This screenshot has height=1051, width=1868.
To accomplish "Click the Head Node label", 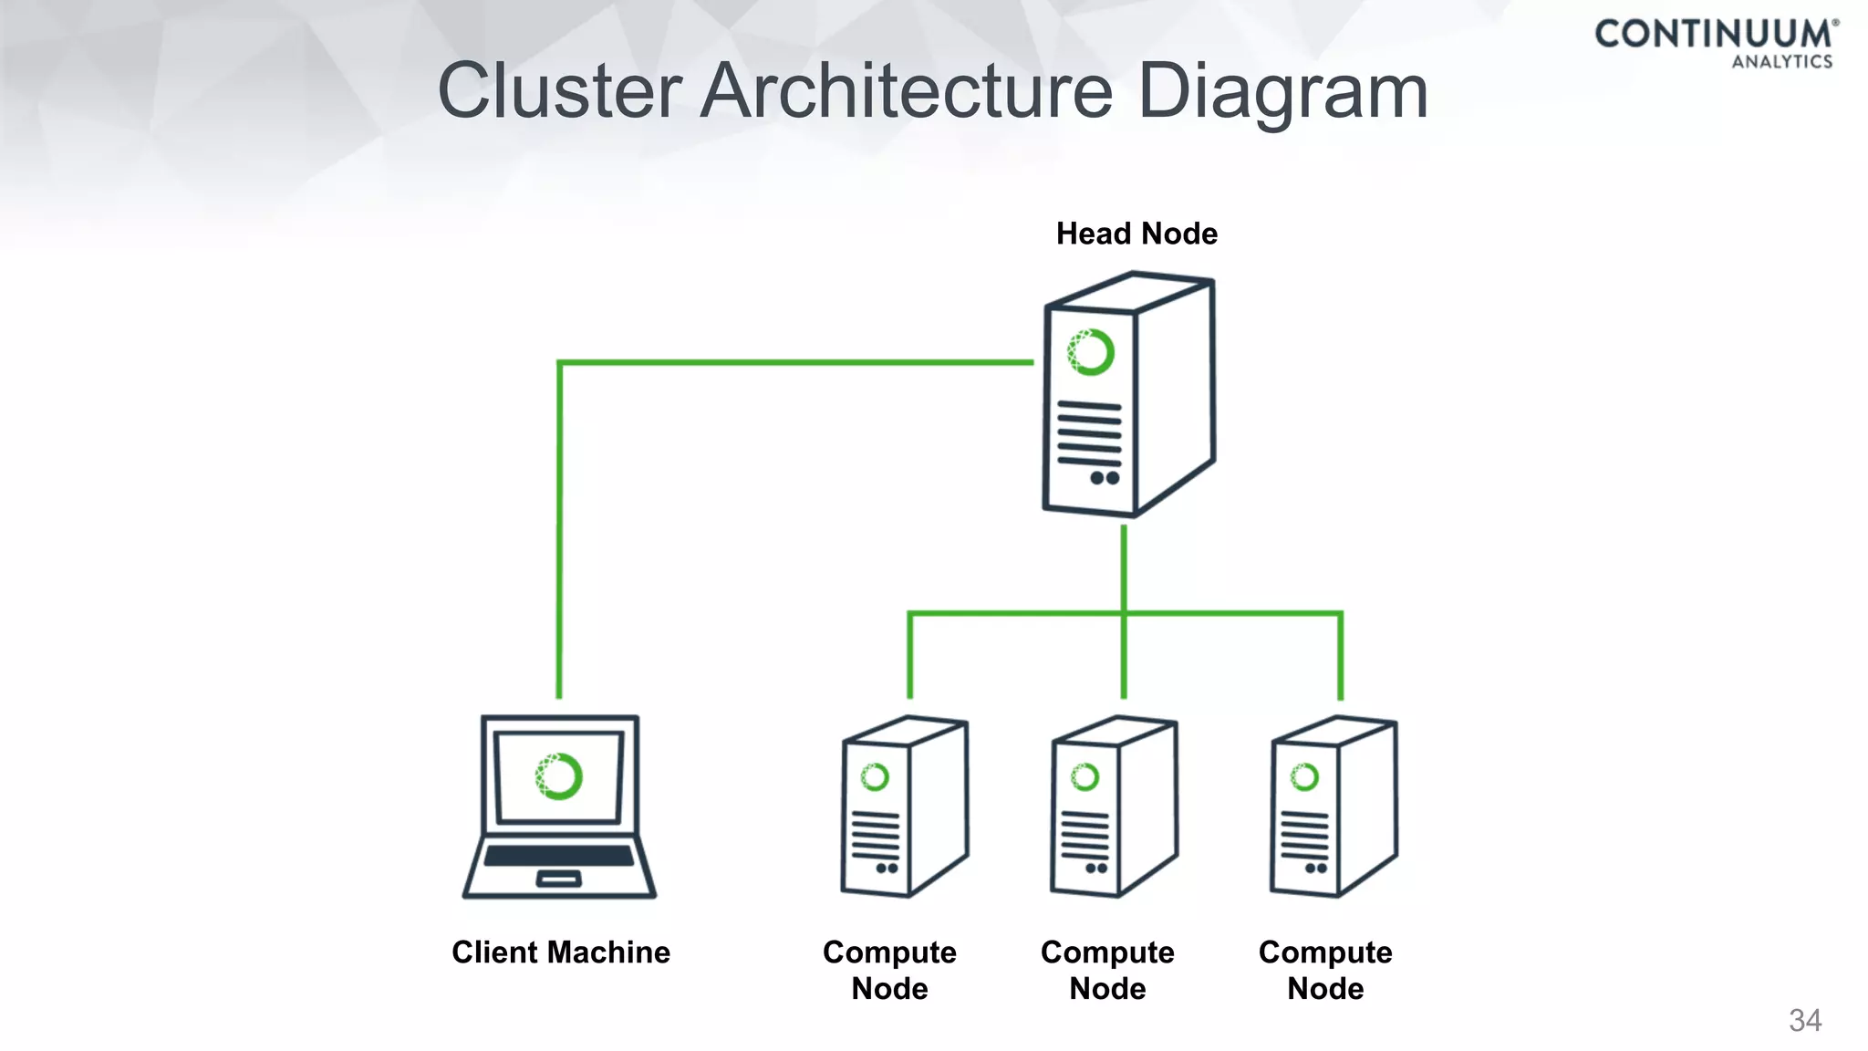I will (1136, 234).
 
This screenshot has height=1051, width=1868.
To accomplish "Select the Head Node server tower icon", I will (1129, 394).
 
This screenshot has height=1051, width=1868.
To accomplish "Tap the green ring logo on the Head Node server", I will (1091, 352).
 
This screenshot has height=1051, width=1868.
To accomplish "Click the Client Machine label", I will (561, 952).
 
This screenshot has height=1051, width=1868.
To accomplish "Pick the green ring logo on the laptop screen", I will (558, 776).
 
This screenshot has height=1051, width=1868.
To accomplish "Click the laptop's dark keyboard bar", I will (558, 856).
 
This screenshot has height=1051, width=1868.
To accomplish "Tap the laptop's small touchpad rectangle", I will (558, 879).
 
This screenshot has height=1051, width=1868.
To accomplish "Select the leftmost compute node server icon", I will (904, 806).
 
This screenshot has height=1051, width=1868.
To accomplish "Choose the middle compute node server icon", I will (1114, 806).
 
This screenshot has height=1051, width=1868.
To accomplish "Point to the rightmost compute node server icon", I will (1334, 806).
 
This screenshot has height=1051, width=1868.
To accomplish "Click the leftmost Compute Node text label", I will (889, 971).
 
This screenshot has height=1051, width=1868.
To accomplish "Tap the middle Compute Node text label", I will (1107, 971).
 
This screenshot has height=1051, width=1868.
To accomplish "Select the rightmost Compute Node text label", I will (1325, 971).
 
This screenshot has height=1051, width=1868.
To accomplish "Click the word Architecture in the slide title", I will (907, 91).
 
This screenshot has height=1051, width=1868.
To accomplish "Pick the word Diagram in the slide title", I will (1282, 93).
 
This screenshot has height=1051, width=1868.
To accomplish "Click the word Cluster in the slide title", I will (560, 91).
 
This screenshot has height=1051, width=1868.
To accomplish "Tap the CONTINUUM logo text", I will (1714, 35).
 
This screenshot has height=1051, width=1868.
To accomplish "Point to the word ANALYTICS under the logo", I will (1782, 62).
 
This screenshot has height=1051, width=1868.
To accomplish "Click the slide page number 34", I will (1805, 1020).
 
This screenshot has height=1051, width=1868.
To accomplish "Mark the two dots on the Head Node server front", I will (1105, 478).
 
